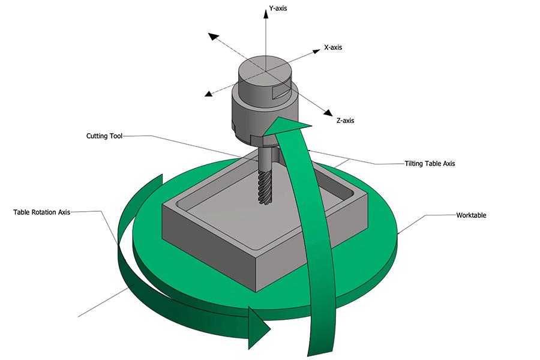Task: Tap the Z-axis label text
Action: tap(345, 121)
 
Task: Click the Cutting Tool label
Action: tap(104, 136)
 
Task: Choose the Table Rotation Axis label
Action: tap(42, 212)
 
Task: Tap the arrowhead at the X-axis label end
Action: tap(315, 52)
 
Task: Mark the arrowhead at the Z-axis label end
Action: tap(327, 113)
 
